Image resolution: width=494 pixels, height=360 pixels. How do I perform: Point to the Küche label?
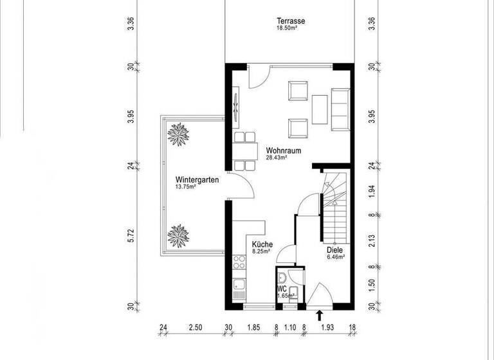point(262,244)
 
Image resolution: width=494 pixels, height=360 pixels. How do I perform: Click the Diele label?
point(334,250)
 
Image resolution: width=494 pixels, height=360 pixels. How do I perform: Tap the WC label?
point(282,289)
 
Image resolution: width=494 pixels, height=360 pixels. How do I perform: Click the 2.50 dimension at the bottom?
point(196,327)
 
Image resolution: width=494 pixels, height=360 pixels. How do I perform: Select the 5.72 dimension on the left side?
point(131,235)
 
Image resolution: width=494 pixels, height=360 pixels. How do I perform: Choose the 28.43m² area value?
point(277,157)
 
